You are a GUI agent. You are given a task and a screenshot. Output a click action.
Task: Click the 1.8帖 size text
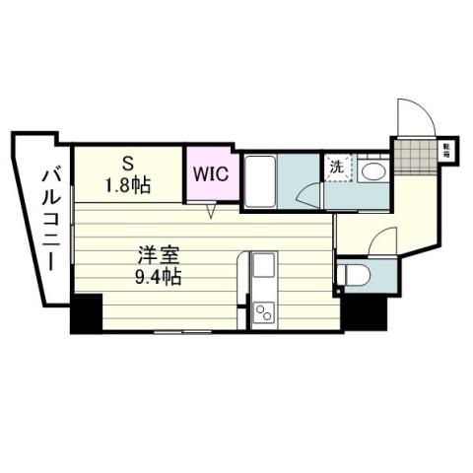point(127,184)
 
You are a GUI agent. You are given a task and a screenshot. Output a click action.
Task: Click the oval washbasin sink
point(373,171)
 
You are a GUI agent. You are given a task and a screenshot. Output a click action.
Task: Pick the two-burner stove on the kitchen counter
point(263,312)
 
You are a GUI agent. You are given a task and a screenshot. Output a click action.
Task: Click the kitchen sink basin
point(263,266)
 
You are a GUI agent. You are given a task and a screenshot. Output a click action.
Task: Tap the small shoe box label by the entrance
point(446,151)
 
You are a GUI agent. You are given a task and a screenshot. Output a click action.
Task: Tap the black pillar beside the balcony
point(86,312)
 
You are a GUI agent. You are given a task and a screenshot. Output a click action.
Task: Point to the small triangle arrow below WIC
point(210,210)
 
